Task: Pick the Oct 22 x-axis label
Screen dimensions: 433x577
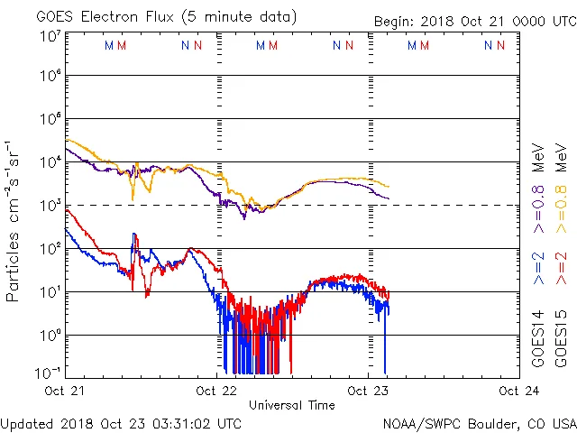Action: [217, 391]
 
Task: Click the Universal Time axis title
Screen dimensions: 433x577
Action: [292, 405]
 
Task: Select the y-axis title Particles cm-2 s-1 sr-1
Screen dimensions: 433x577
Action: [15, 220]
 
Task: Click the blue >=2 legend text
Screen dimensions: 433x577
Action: [538, 268]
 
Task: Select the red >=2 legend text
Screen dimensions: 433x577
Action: [561, 268]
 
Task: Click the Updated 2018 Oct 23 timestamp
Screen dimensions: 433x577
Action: [121, 422]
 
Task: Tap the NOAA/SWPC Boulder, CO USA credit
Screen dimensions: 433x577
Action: [479, 422]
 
